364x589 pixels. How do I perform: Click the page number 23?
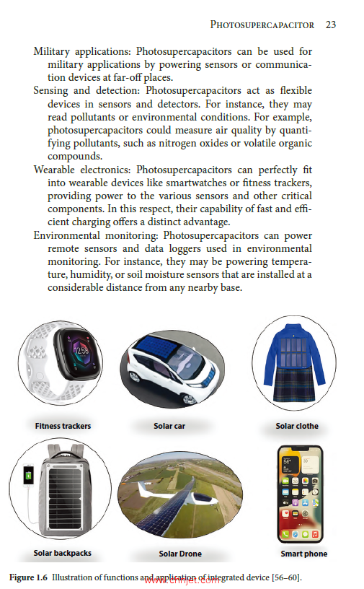pos(331,25)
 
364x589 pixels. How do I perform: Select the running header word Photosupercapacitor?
pos(262,25)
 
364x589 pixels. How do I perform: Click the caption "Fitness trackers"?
pos(63,426)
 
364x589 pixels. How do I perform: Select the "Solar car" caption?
pos(169,426)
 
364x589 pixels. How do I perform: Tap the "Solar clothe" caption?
pos(297,426)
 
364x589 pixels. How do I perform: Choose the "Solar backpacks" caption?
pos(62,554)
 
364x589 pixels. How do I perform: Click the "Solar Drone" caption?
pos(180,554)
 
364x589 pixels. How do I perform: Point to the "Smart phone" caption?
pos(303,554)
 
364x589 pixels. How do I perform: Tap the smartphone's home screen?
pos(301,495)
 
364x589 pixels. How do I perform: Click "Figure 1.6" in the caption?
pos(28,577)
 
